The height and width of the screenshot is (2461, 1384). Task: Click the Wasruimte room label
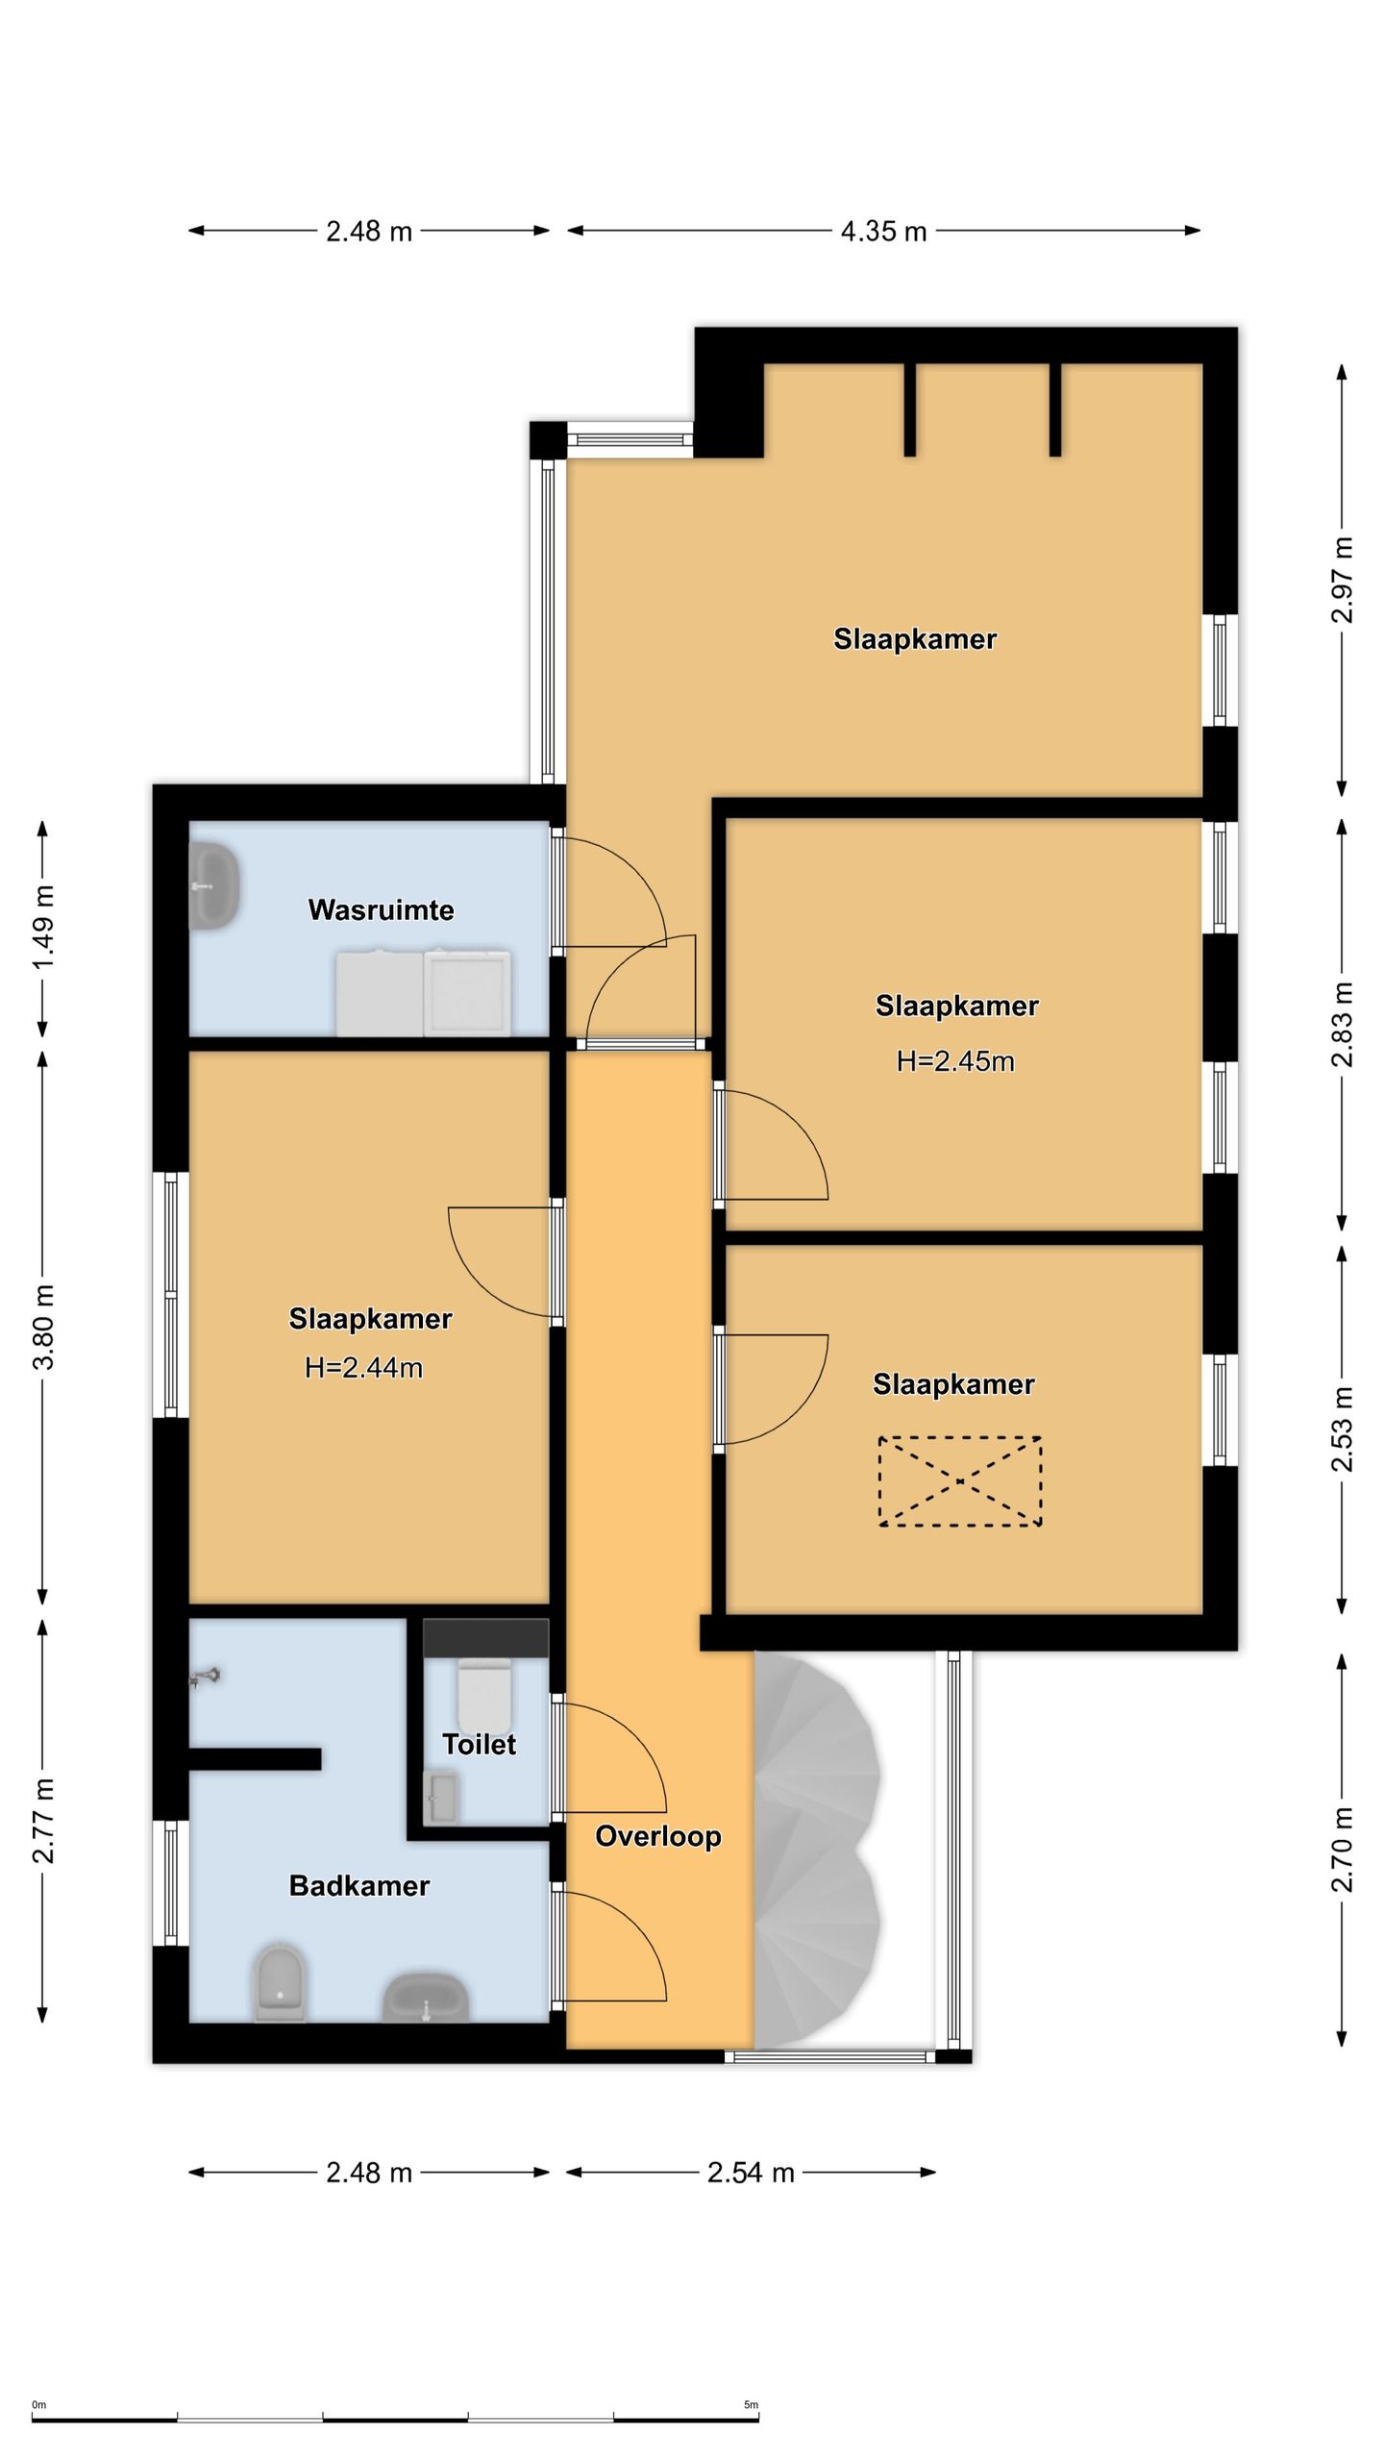click(x=381, y=909)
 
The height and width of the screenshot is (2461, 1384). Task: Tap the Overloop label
click(x=658, y=1836)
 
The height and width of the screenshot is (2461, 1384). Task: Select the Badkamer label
click(x=359, y=1885)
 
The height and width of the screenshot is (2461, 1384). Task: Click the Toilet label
click(x=479, y=1744)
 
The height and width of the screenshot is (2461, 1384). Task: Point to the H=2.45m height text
click(x=955, y=1060)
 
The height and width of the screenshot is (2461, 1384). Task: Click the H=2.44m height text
click(x=363, y=1367)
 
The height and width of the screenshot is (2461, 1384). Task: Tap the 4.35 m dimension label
click(x=883, y=231)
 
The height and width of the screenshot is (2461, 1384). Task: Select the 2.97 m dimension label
click(x=1342, y=580)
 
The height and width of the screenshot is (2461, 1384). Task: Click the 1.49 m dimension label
click(x=43, y=927)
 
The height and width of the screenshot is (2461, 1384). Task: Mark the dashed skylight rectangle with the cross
click(x=960, y=1481)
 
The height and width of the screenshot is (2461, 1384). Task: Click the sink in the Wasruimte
click(x=214, y=885)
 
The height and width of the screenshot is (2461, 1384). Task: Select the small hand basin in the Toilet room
click(x=442, y=1799)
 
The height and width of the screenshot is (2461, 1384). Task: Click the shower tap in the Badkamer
click(x=206, y=1678)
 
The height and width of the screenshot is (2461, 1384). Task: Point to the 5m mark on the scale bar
click(x=751, y=2405)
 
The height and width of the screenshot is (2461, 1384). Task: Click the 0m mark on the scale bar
click(x=38, y=2405)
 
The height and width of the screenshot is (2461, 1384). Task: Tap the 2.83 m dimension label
click(x=1342, y=1025)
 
